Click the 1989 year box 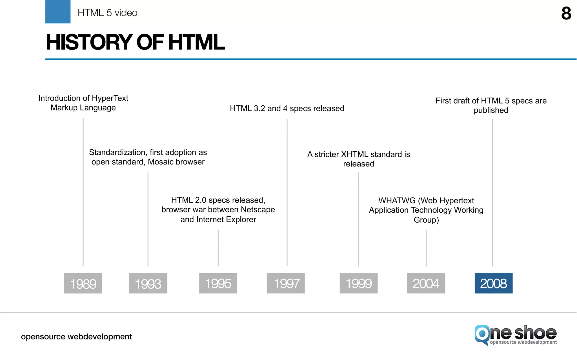click(83, 283)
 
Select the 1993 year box click(148, 283)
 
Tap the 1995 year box click(218, 283)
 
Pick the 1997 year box click(286, 283)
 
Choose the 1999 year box click(358, 283)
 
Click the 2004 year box click(426, 283)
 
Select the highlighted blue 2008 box click(493, 283)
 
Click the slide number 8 click(566, 14)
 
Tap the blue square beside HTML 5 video click(58, 12)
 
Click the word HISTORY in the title click(89, 42)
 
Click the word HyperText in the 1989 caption click(110, 98)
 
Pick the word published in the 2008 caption click(491, 110)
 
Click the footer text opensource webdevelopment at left click(76, 337)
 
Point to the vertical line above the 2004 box click(426, 248)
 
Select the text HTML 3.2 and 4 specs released click(287, 108)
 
